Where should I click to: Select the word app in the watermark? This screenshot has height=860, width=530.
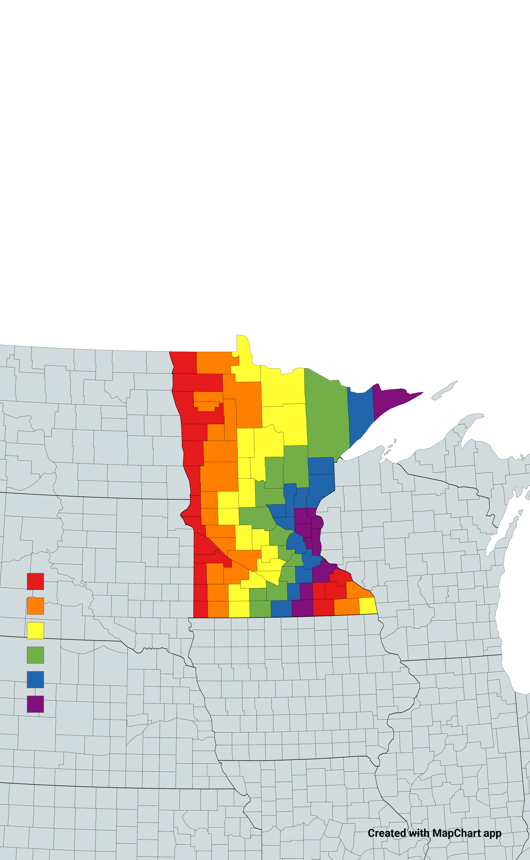[x=492, y=833]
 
